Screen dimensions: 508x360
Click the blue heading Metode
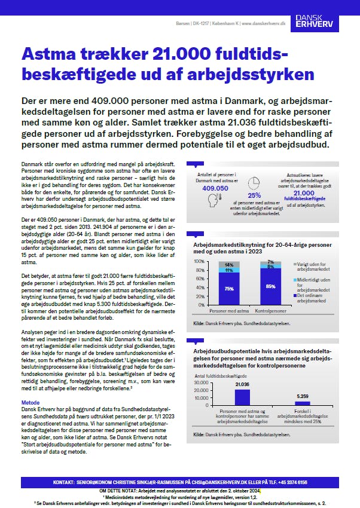[30, 403]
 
